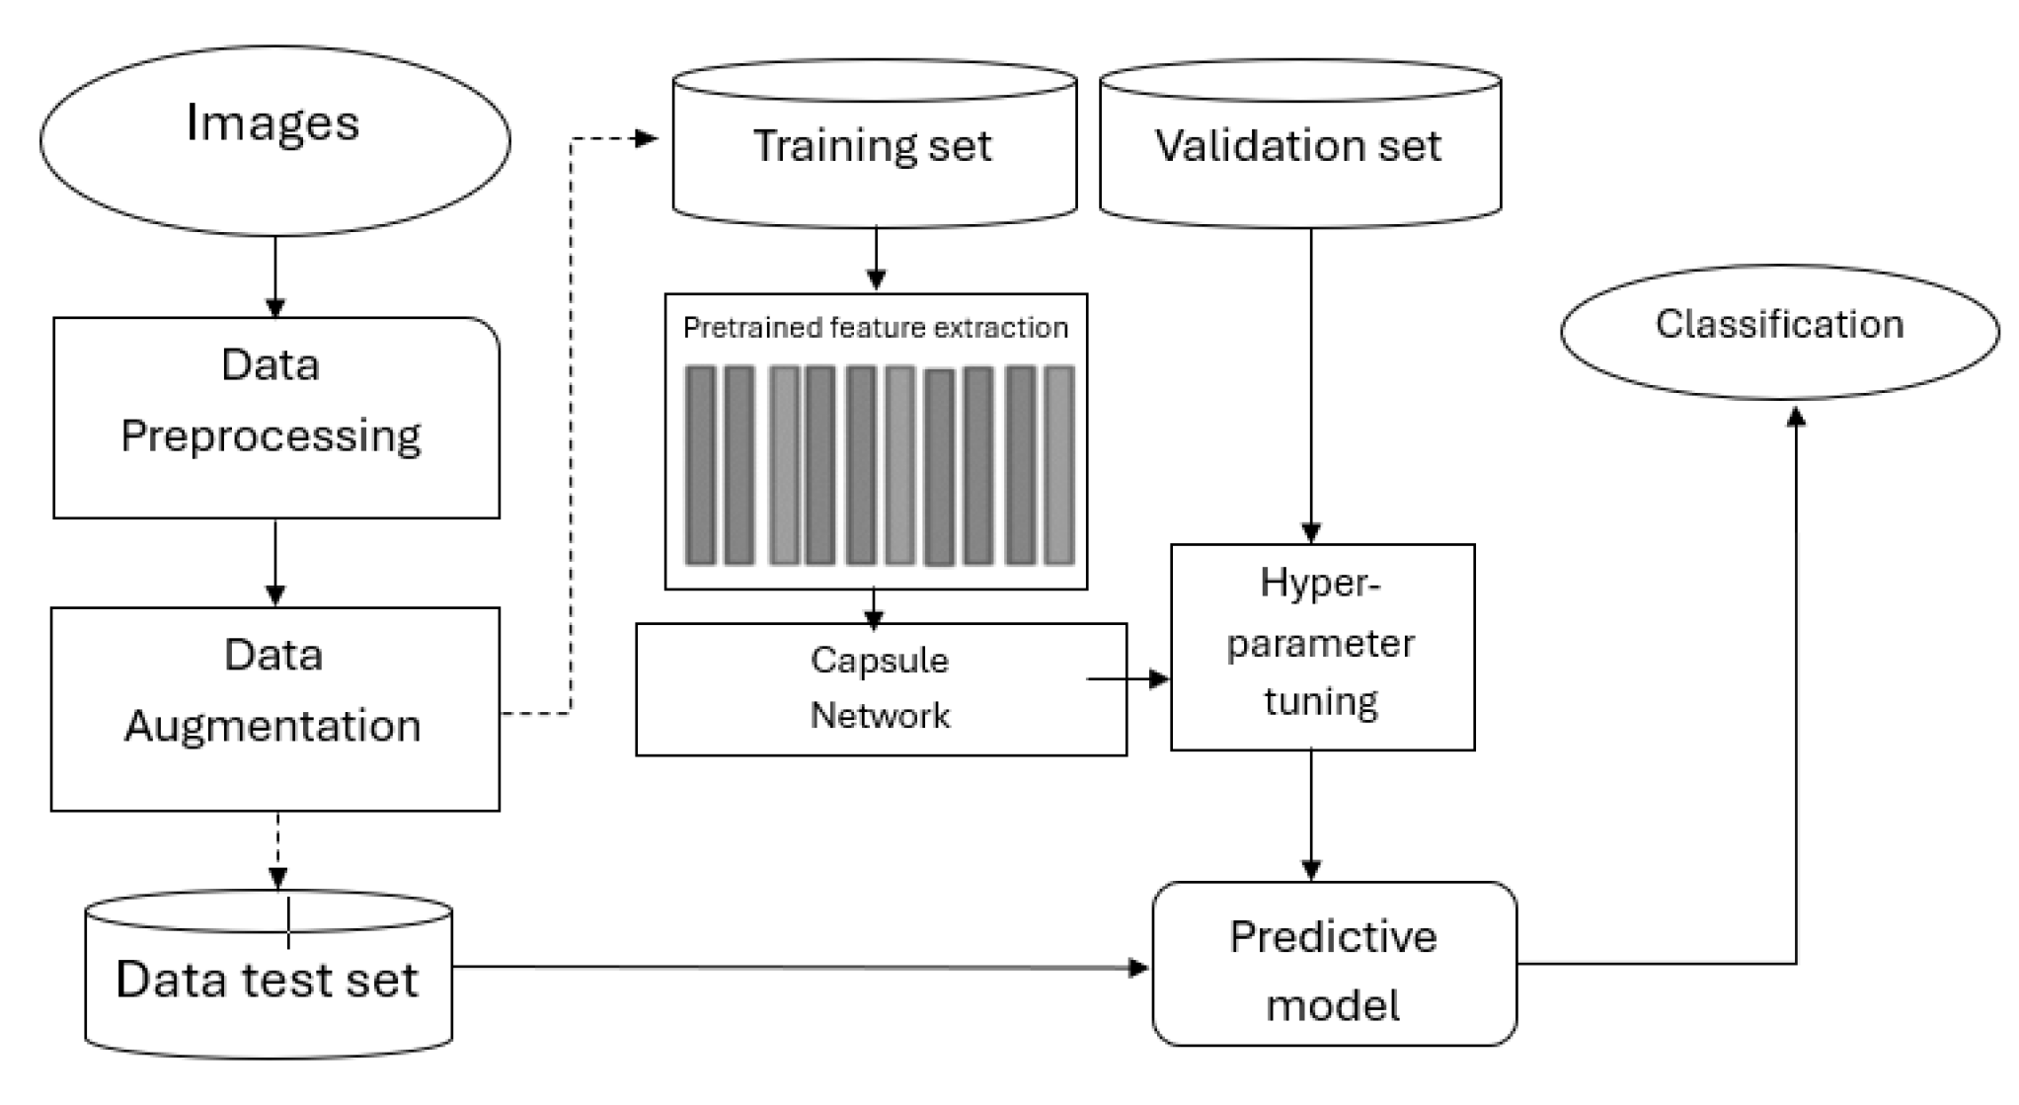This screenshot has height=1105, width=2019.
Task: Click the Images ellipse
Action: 274,140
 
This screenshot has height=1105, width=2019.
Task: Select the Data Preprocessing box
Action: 275,418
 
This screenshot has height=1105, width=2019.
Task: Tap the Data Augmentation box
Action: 274,709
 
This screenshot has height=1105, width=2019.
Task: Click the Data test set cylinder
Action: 269,978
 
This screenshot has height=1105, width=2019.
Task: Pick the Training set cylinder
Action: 874,146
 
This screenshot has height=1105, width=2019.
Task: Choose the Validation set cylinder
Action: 1299,146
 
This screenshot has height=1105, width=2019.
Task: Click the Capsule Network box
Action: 880,688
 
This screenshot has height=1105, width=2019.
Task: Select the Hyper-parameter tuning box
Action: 1322,646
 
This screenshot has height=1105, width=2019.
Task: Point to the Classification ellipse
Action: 1779,331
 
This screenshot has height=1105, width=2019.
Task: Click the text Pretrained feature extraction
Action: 875,328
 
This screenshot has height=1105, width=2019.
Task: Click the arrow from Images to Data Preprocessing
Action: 275,276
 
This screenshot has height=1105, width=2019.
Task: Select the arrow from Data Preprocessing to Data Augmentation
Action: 275,563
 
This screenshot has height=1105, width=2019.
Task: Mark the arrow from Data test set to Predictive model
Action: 800,967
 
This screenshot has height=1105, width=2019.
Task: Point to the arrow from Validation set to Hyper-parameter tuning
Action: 1311,385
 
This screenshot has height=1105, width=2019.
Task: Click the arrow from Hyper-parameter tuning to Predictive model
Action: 1311,816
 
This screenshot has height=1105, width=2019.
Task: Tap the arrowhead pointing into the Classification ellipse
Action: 1797,419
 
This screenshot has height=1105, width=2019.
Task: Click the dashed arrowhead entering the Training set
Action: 648,139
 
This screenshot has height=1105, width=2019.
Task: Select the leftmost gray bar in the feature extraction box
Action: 700,465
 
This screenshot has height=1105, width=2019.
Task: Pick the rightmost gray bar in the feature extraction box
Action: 1059,465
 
